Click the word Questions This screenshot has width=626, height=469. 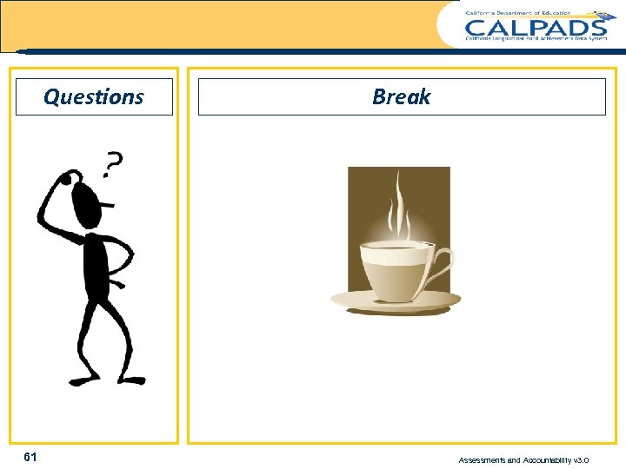pos(94,96)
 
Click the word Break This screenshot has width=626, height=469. pos(401,96)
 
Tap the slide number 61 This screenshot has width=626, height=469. pos(30,457)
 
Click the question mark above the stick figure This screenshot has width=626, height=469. pos(112,162)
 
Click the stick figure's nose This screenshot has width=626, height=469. pos(110,205)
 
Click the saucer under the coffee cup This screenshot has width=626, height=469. pos(396,301)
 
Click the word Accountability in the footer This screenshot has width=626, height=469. pos(549,460)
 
